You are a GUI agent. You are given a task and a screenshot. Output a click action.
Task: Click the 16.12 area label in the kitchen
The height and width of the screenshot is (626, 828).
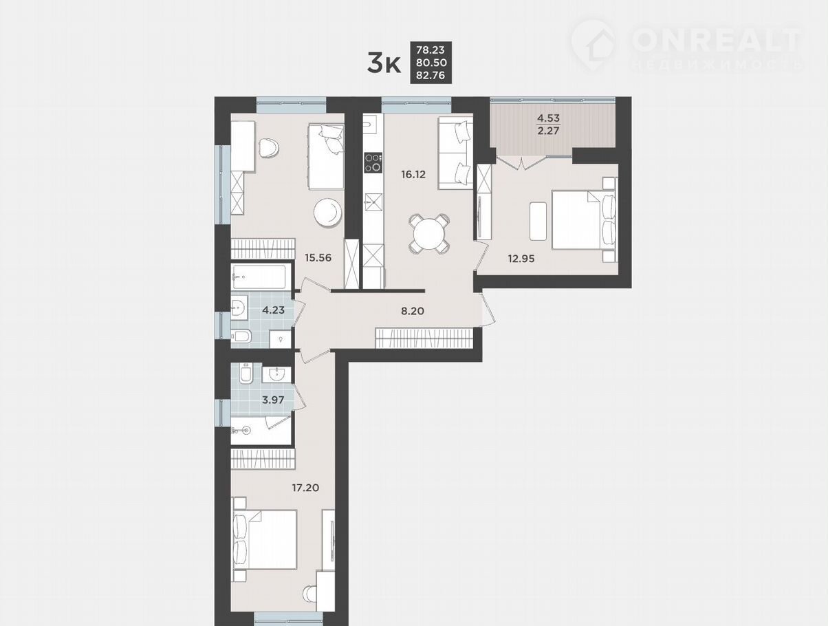[413, 174]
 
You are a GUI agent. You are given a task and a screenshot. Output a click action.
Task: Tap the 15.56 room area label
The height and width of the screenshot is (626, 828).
[318, 258]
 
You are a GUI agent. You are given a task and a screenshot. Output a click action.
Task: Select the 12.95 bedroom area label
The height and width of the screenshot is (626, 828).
[521, 259]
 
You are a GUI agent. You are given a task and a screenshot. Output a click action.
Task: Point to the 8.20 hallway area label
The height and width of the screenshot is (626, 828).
[413, 312]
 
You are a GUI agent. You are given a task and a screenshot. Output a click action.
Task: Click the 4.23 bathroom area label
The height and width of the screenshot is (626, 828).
[273, 310]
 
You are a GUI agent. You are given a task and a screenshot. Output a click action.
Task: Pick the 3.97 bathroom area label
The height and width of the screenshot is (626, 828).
[273, 400]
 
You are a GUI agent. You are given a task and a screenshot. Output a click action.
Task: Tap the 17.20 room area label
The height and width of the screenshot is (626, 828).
[305, 488]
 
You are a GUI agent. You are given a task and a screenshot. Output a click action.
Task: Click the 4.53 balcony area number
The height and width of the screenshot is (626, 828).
[548, 118]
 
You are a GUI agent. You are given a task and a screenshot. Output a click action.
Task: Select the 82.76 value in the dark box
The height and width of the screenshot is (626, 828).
[431, 75]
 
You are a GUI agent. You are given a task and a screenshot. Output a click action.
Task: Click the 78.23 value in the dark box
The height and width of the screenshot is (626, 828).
[431, 50]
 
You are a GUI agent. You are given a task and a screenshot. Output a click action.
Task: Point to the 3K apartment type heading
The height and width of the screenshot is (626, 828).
[384, 64]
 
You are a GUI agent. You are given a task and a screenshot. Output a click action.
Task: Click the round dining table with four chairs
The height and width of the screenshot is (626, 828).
[429, 233]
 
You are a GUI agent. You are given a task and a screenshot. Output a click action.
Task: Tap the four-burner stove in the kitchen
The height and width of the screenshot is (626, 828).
[373, 163]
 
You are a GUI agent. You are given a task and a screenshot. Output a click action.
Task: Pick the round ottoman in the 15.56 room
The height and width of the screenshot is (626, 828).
[328, 213]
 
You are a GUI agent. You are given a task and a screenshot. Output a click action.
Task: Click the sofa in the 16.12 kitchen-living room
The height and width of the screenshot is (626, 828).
[455, 153]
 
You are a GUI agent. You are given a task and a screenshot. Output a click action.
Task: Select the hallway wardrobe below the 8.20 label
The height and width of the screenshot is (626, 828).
[424, 338]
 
